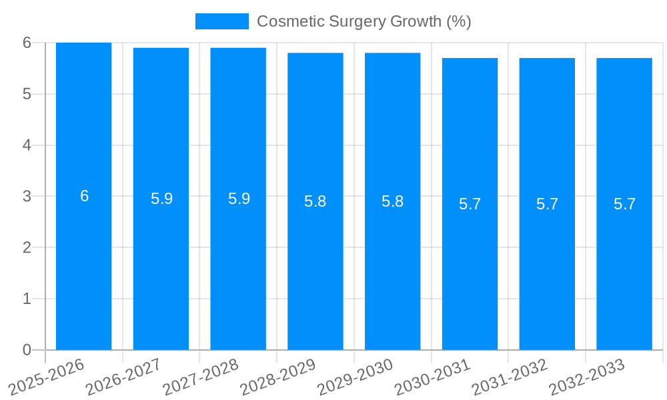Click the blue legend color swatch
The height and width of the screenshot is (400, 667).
221,21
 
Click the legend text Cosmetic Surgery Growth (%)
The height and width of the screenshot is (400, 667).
364,21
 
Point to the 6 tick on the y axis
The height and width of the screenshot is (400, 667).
27,43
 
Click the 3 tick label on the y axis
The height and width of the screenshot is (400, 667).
27,197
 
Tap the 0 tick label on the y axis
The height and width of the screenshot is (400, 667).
27,350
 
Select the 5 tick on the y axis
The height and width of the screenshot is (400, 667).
27,94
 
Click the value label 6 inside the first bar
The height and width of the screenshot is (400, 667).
84,196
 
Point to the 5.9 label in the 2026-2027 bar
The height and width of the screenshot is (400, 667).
161,199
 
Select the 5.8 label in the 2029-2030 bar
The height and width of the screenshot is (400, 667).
392,201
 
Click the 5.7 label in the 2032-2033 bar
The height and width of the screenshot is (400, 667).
624,204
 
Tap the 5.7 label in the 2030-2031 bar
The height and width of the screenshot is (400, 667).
470,204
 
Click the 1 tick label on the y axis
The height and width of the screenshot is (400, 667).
27,299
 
